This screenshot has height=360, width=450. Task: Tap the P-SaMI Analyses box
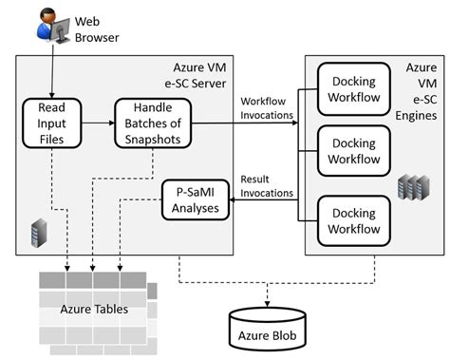click(x=197, y=200)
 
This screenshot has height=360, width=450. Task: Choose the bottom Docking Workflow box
click(x=353, y=219)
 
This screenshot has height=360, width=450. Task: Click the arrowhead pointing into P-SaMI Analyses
click(x=235, y=199)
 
